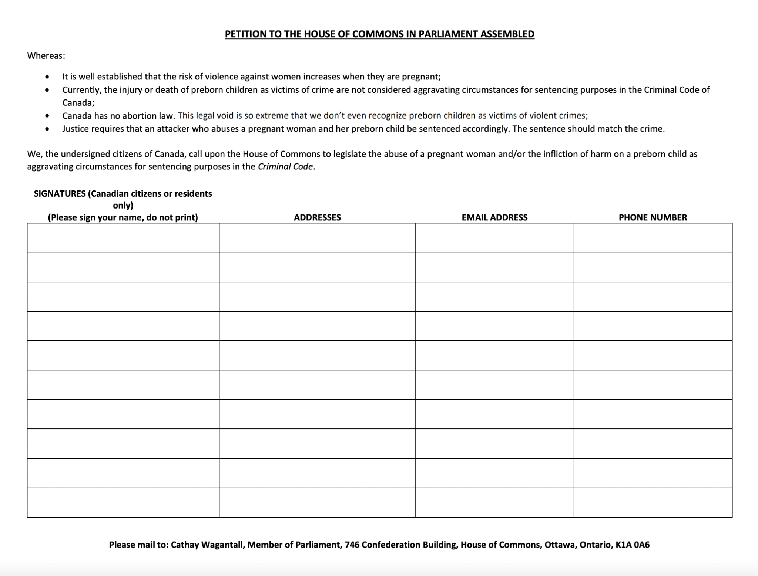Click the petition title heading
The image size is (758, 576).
coord(379,34)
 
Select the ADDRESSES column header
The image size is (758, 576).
coord(317,217)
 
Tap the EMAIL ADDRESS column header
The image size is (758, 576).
coord(494,217)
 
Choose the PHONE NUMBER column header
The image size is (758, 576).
coord(653,217)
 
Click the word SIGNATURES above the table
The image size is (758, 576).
coord(60,194)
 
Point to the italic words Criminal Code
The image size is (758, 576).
coord(285,167)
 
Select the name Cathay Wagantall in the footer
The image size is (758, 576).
coord(207,545)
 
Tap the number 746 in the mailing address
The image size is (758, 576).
coord(351,545)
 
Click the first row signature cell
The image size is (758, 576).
coord(123,238)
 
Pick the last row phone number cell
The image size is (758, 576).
coord(653,502)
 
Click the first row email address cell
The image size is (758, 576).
coord(494,238)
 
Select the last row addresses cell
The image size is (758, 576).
coord(317,502)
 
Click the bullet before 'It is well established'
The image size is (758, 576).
coord(47,77)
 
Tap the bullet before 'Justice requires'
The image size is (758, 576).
coord(47,129)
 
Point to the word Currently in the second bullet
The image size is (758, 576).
coord(81,90)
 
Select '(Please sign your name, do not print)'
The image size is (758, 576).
coord(123,217)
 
